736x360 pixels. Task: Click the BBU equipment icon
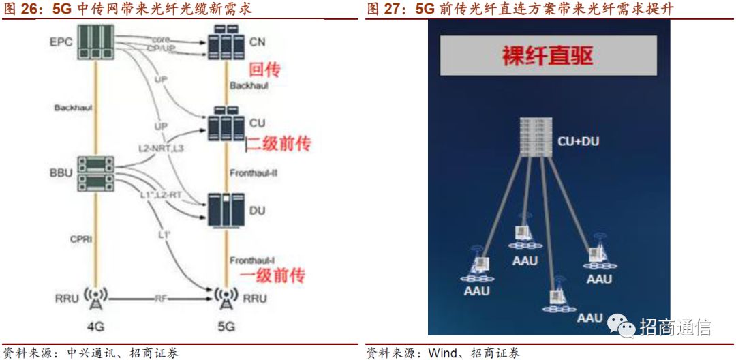pos(95,173)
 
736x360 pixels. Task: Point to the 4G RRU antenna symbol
pos(95,297)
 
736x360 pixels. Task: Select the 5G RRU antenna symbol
pos(226,297)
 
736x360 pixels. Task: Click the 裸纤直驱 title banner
pos(549,55)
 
